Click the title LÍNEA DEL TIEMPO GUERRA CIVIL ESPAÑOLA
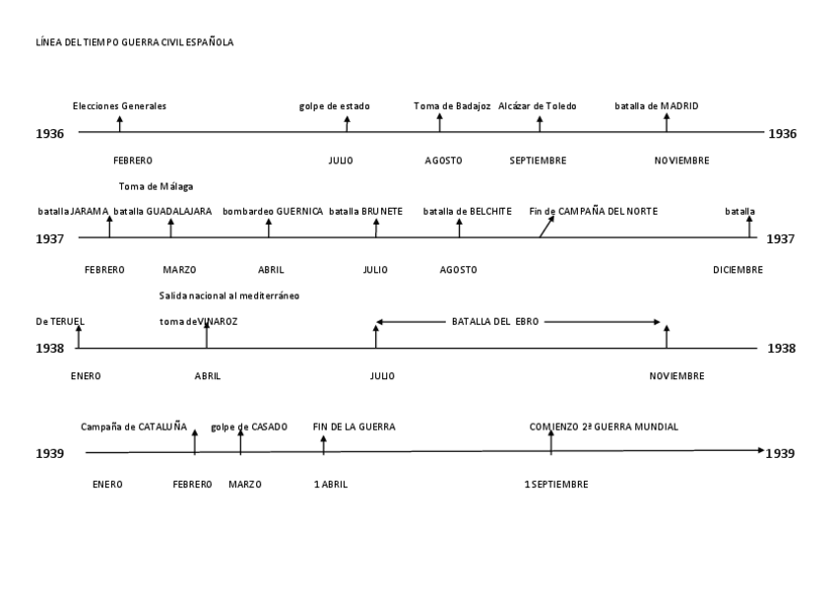(x=134, y=42)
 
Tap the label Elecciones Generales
(x=119, y=106)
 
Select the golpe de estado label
(x=335, y=106)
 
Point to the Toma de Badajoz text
(x=452, y=106)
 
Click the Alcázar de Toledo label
(x=538, y=106)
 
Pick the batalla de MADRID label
(x=657, y=106)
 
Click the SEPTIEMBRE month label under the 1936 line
(x=539, y=161)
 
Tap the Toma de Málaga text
(x=156, y=186)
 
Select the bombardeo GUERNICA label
(x=273, y=211)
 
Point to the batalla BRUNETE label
(x=365, y=211)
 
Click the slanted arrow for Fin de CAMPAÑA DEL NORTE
(x=546, y=227)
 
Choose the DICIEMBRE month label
(x=738, y=270)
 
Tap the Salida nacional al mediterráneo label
(x=229, y=295)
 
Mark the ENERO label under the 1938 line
(x=86, y=376)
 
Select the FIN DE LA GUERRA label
(x=354, y=427)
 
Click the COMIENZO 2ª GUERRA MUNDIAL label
(x=604, y=427)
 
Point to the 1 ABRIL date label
(x=331, y=485)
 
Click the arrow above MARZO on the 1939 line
(x=241, y=439)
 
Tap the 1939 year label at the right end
(x=781, y=453)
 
